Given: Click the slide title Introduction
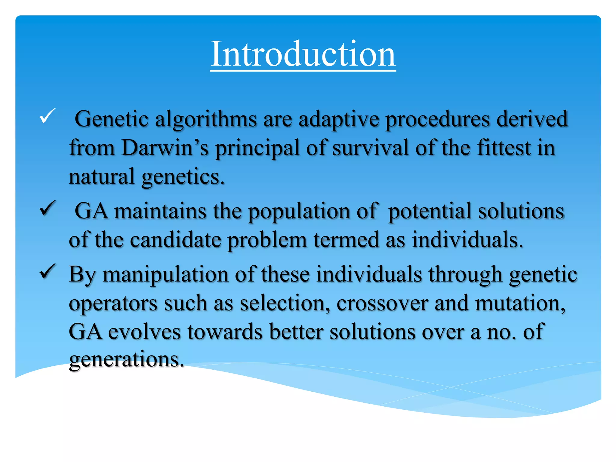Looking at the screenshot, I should [303, 54].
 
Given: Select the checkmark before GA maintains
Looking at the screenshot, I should [48, 208].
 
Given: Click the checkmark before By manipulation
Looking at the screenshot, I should [48, 271].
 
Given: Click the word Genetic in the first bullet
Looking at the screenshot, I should [111, 119].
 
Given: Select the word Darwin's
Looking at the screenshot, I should [165, 148].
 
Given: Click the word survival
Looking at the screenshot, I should [370, 148].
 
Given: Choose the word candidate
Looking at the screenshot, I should [176, 240].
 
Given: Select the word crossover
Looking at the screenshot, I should [382, 303].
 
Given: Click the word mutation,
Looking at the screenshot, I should [520, 303].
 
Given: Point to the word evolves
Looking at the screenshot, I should [144, 332].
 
